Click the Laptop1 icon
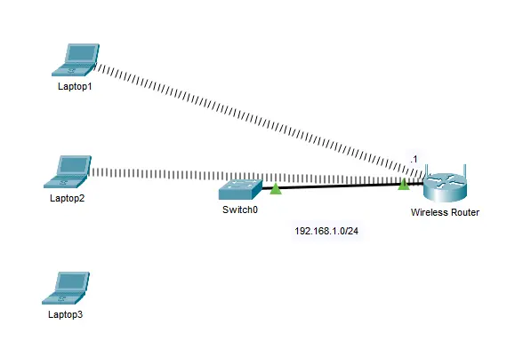tap(76, 60)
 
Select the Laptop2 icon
tap(68, 172)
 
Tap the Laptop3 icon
tap(66, 288)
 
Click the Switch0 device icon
tap(240, 189)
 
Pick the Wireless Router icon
tap(445, 187)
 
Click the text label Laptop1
tap(75, 87)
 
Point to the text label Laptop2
tap(67, 199)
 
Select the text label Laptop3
tap(66, 314)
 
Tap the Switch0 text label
tap(240, 210)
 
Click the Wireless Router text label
tap(445, 212)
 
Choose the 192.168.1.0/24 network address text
tap(326, 231)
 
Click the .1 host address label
tap(414, 159)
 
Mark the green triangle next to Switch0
tap(276, 189)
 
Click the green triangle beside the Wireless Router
tap(404, 184)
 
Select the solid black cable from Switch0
tap(343, 186)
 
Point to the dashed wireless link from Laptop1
tap(260, 122)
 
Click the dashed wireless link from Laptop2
tap(256, 177)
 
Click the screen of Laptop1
tap(81, 53)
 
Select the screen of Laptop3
tap(72, 281)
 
